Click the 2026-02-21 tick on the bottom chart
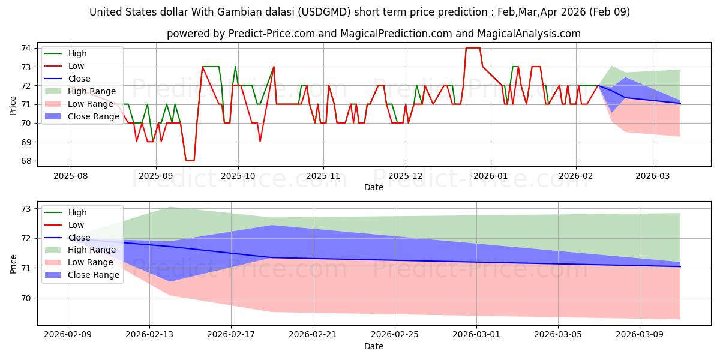[x=313, y=334]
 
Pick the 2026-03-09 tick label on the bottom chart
[x=640, y=334]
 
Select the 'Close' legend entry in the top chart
[x=79, y=79]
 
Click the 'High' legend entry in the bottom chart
[x=77, y=212]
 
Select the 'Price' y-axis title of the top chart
[x=13, y=104]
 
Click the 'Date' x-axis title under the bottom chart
[x=373, y=346]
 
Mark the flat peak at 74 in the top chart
[x=473, y=48]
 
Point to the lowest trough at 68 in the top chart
[x=190, y=161]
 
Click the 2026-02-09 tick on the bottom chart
[x=68, y=334]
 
